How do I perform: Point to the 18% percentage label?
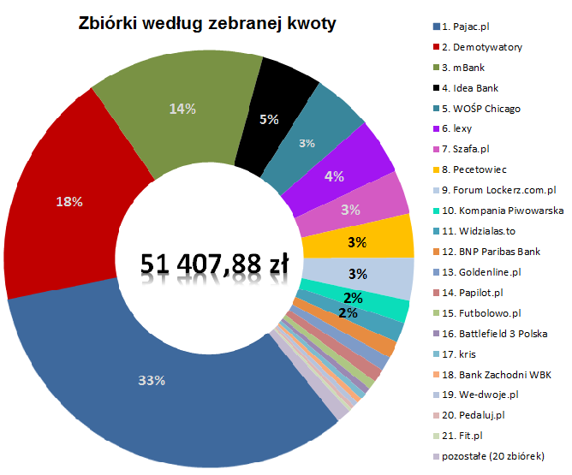pyautogui.click(x=69, y=202)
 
